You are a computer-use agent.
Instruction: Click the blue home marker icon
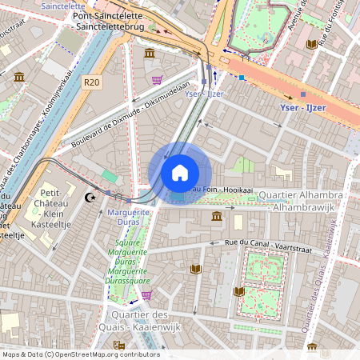[180, 173]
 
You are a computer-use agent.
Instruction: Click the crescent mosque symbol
[90, 197]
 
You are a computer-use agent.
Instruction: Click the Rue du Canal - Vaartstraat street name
[264, 242]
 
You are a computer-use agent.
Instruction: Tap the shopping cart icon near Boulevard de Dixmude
[157, 80]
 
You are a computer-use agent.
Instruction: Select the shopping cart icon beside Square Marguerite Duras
[146, 295]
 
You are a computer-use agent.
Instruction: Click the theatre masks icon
[118, 345]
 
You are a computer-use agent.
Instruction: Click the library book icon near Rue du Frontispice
[311, 45]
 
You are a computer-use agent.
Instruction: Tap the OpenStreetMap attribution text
[80, 354]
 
